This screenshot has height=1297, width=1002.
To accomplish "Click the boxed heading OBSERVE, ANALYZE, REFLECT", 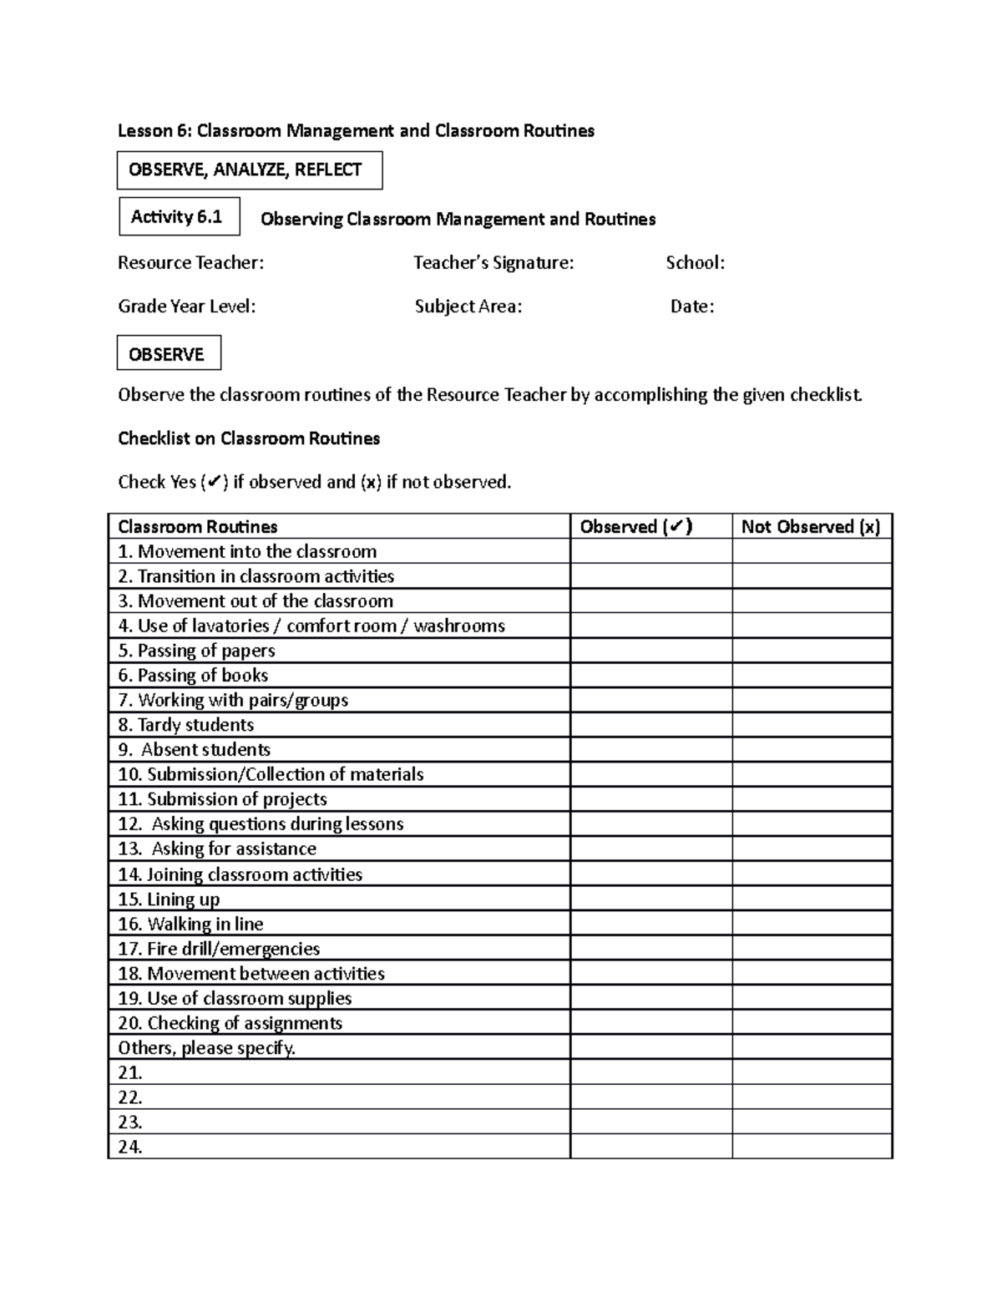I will coord(249,170).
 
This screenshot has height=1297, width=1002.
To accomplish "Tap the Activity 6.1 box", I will coord(180,217).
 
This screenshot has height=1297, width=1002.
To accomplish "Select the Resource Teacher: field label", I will coord(190,263).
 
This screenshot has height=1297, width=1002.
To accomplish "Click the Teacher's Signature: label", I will coord(493,263).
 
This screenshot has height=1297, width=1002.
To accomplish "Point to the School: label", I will coord(695,263).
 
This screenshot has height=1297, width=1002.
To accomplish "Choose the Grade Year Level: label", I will coord(186,307).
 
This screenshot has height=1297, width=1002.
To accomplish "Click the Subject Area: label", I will coord(468,307).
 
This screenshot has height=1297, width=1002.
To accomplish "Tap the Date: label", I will coord(692,307).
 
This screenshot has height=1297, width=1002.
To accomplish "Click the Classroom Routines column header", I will coord(198,527).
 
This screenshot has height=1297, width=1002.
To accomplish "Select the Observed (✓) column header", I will coord(636,527).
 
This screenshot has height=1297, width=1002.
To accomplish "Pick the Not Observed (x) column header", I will coord(811,527).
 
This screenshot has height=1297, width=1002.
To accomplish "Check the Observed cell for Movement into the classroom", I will coord(651,551).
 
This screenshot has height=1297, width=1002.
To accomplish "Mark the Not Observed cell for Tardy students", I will coord(812,725).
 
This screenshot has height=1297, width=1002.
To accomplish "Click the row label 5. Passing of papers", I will coord(196,651).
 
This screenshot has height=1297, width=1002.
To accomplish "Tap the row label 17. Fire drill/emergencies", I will coord(219,949).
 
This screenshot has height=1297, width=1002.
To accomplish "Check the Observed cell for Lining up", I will coord(651,899).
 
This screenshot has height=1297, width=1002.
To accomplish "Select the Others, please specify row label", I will coord(207,1048).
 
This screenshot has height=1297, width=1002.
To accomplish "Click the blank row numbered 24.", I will coord(130,1147).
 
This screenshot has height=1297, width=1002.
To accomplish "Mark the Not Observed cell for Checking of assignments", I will coord(812,1023).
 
